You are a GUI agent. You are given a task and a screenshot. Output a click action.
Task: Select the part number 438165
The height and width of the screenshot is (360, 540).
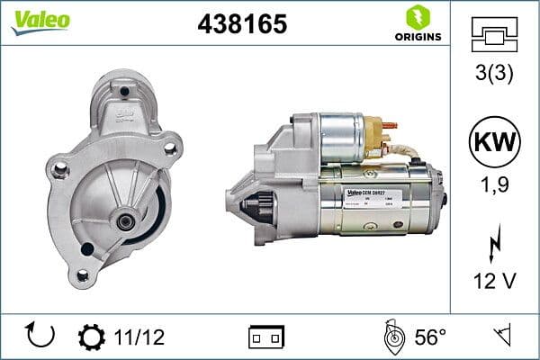(242, 24)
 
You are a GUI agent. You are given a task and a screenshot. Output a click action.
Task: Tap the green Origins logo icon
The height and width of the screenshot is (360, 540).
(417, 16)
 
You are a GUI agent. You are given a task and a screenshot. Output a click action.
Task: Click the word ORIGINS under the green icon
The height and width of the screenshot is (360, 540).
(417, 37)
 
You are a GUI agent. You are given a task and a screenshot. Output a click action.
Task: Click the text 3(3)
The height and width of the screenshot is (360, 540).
(493, 73)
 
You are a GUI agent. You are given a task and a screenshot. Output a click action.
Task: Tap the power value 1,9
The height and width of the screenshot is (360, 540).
(493, 187)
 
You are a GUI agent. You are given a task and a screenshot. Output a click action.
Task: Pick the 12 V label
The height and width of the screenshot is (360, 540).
(493, 282)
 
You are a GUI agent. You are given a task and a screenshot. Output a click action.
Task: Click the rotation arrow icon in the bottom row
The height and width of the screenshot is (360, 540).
(41, 336)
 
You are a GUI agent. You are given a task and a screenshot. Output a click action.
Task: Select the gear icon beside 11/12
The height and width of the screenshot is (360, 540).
(91, 337)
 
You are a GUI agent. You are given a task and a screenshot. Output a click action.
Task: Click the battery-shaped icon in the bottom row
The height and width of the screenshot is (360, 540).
(265, 337)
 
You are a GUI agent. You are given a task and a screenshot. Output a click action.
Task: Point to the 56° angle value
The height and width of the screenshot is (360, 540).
(429, 337)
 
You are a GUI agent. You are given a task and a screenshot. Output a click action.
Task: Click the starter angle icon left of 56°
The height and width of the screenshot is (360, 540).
(393, 337)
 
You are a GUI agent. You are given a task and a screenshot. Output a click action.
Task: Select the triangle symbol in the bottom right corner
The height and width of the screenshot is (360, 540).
(500, 337)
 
